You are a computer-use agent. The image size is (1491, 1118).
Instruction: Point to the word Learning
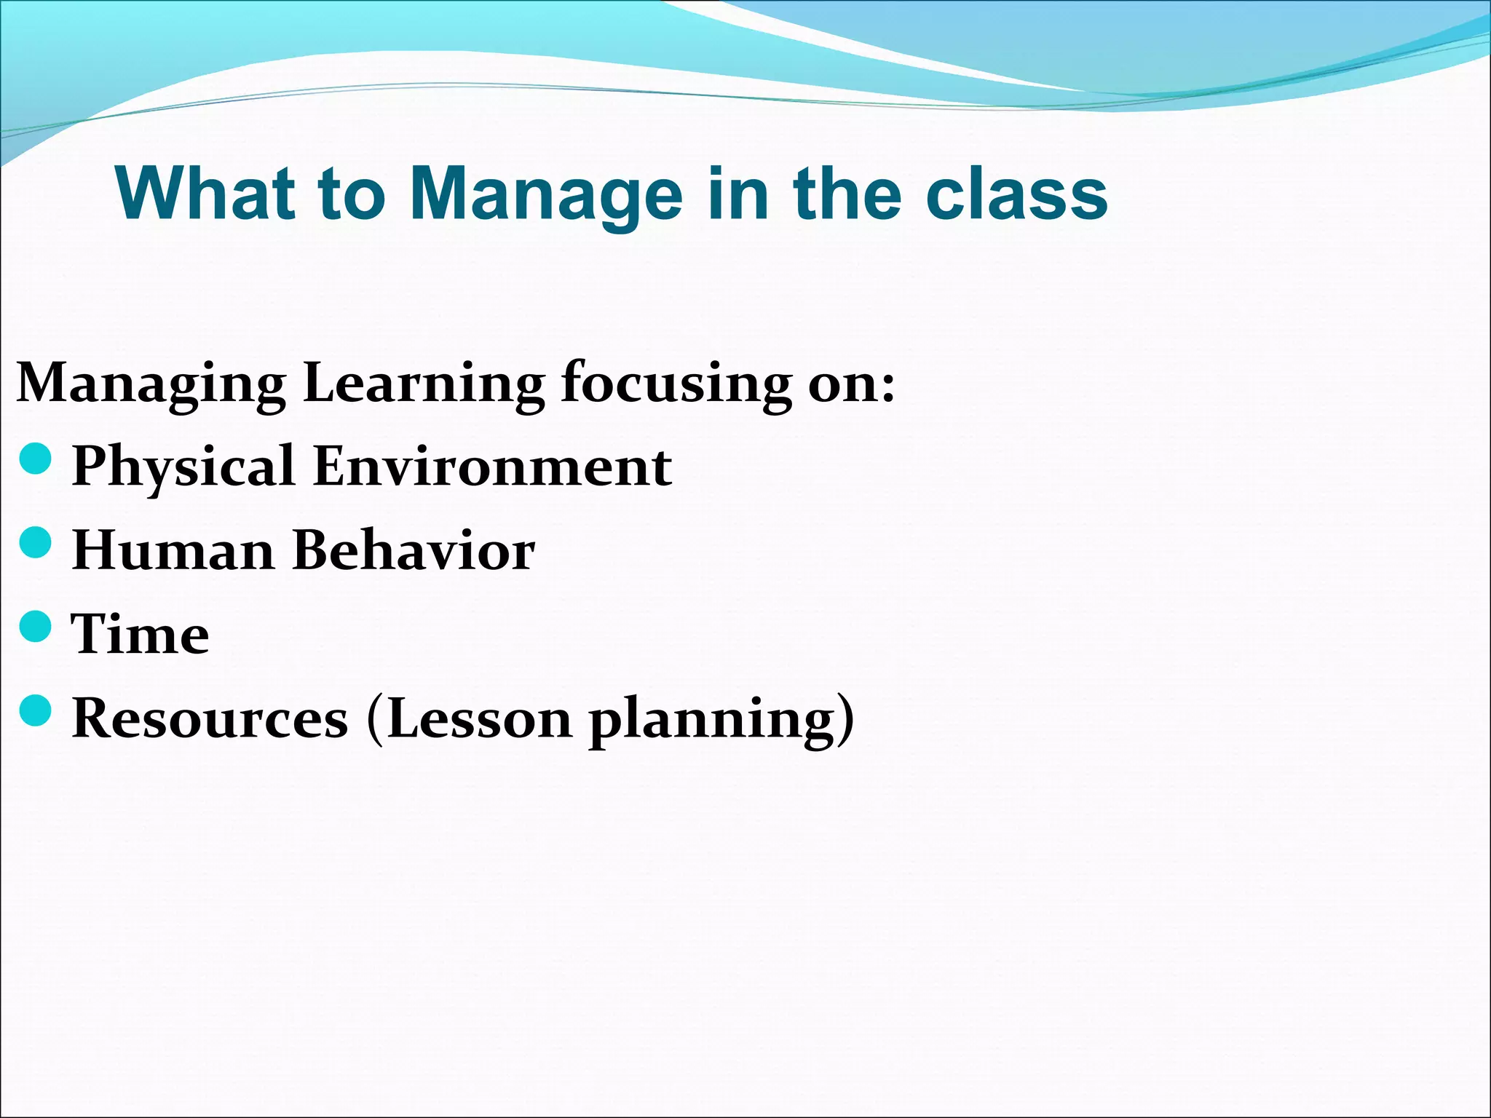(423, 384)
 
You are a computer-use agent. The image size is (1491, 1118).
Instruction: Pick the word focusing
(676, 384)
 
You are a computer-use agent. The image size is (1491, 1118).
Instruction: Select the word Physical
(183, 467)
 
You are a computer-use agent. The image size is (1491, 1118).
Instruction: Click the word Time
(140, 635)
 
